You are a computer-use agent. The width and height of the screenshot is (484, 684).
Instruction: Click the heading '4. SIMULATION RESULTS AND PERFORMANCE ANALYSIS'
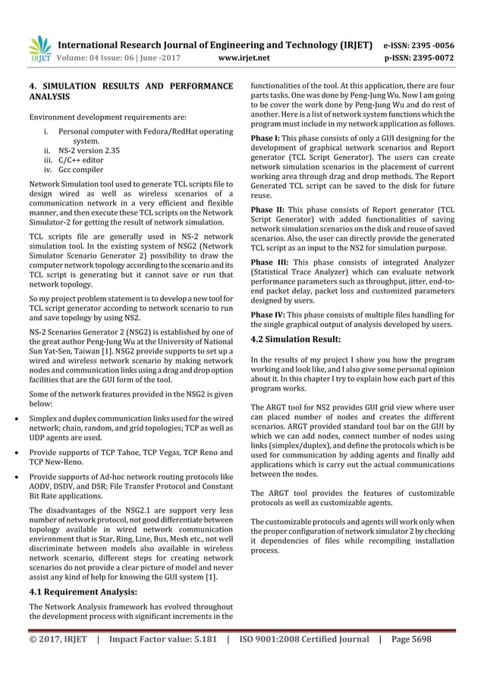[x=130, y=92]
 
